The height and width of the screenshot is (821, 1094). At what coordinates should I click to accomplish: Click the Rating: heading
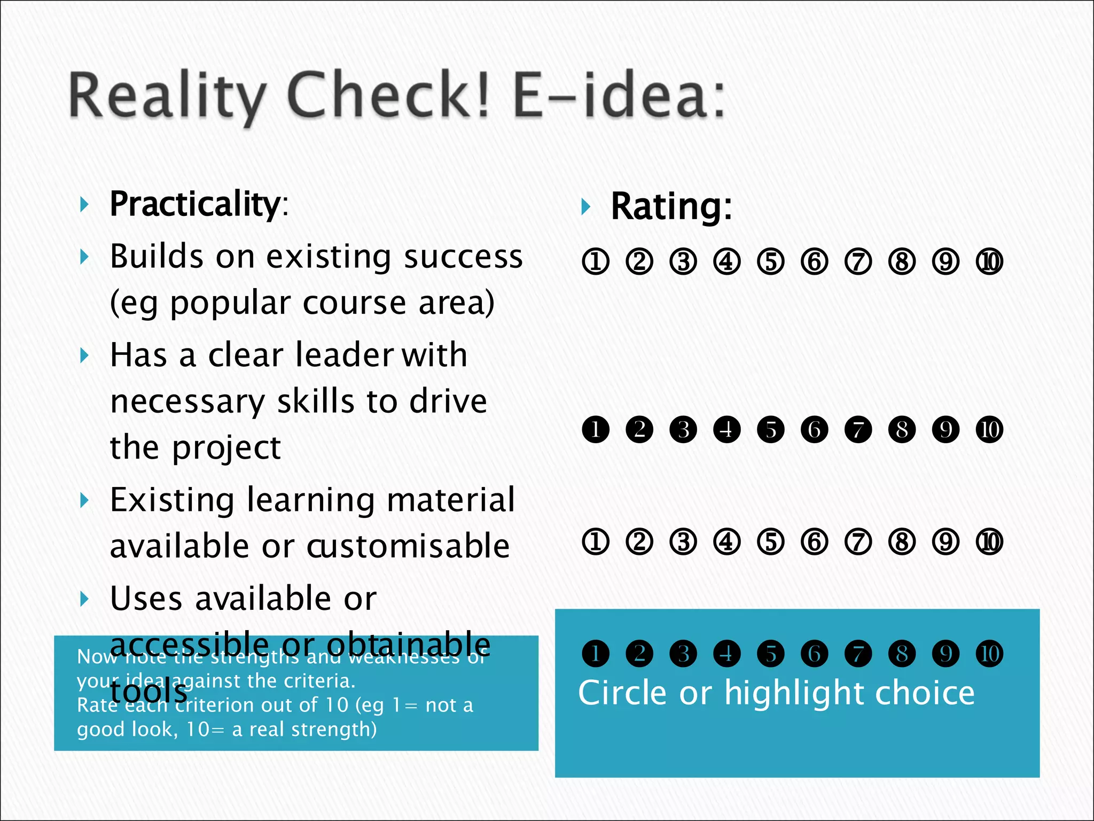coord(671,206)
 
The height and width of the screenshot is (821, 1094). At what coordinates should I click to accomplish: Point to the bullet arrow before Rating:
coord(586,207)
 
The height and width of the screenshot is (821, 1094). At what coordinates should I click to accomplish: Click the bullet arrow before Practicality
coord(84,204)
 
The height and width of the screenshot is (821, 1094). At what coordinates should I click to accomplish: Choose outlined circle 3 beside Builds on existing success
coord(683,262)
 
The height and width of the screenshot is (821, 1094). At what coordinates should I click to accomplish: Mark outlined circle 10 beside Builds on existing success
coord(989,262)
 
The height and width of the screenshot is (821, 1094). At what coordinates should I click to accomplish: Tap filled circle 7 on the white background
coord(858,430)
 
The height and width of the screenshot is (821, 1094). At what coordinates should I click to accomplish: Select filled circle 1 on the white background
coord(596,430)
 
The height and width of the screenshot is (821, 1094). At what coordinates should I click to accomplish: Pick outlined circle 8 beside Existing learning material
coord(902,542)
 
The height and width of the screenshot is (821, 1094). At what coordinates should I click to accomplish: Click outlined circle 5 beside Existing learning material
coord(771,542)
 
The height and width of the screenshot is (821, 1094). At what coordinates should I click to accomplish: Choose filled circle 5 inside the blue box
coord(771,654)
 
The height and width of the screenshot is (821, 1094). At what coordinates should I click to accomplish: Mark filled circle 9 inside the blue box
coord(945,654)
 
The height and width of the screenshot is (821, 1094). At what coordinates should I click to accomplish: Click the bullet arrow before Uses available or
coord(84,599)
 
